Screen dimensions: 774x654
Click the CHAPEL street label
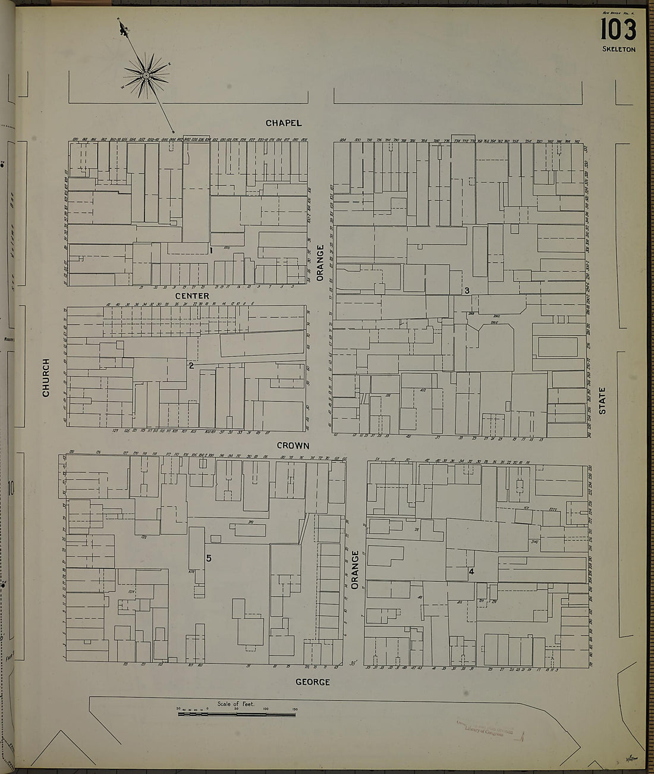[x=284, y=123]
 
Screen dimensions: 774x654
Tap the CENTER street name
[x=192, y=296]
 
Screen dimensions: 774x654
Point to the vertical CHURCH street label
[x=46, y=377]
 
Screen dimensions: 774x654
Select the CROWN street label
[x=293, y=446]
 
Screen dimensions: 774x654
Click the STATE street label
[x=602, y=400]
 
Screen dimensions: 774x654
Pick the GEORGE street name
[x=313, y=682]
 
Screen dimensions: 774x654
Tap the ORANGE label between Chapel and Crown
[x=320, y=262]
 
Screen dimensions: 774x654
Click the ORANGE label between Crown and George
[x=355, y=569]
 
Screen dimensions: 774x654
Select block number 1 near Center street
[x=211, y=250]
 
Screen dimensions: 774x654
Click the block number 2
[x=191, y=365]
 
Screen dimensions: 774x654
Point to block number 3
[x=467, y=290]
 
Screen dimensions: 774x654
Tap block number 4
[x=471, y=572]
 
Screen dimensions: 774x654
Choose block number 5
[x=209, y=558]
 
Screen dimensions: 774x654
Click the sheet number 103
[x=618, y=29]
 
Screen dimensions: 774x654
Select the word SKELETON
[x=618, y=49]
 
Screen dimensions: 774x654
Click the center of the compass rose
[x=146, y=76]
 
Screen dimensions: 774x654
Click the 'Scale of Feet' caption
[x=236, y=704]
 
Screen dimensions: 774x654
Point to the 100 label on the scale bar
[x=266, y=709]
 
